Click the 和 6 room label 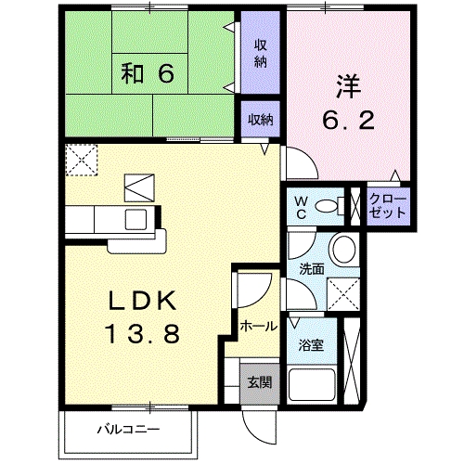coord(148,73)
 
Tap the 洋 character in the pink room coord(349,86)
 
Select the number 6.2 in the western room coord(349,121)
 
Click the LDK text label coord(142,301)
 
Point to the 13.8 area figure coord(143,333)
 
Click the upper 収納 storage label coord(261,54)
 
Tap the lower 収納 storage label coord(261,120)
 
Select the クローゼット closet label coord(388,206)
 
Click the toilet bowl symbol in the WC coord(329,206)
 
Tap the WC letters coord(301,208)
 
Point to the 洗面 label coord(312,269)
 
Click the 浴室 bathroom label coord(311,345)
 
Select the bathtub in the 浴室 coord(312,385)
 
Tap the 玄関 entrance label coord(260,382)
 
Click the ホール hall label coord(258,326)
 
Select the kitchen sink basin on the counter coord(135,220)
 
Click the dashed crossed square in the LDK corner coord(82,161)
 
